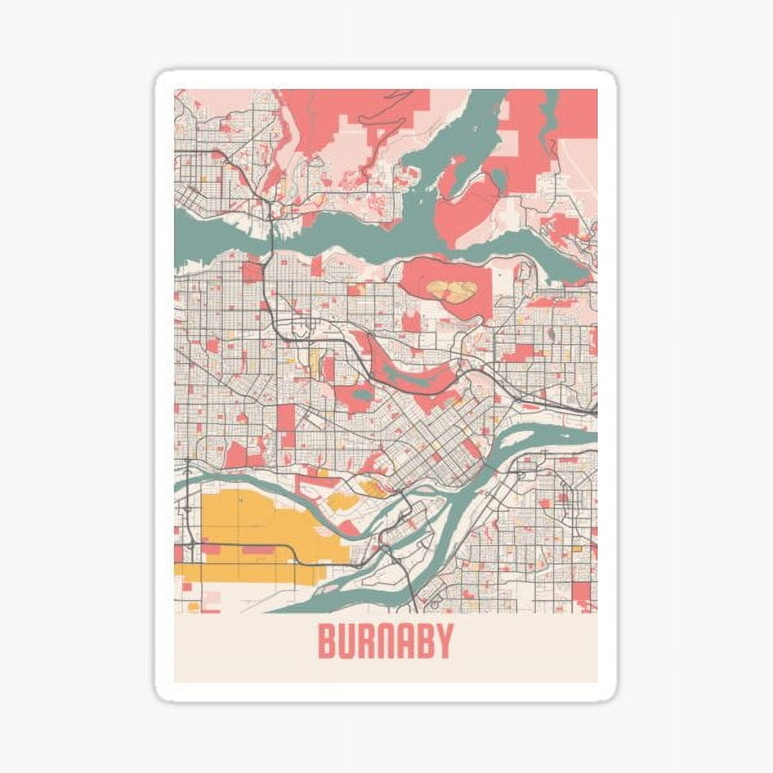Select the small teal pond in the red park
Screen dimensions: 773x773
click(x=362, y=394)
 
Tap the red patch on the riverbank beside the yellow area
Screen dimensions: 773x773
click(x=348, y=528)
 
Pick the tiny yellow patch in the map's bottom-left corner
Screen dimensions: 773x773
click(x=193, y=606)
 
